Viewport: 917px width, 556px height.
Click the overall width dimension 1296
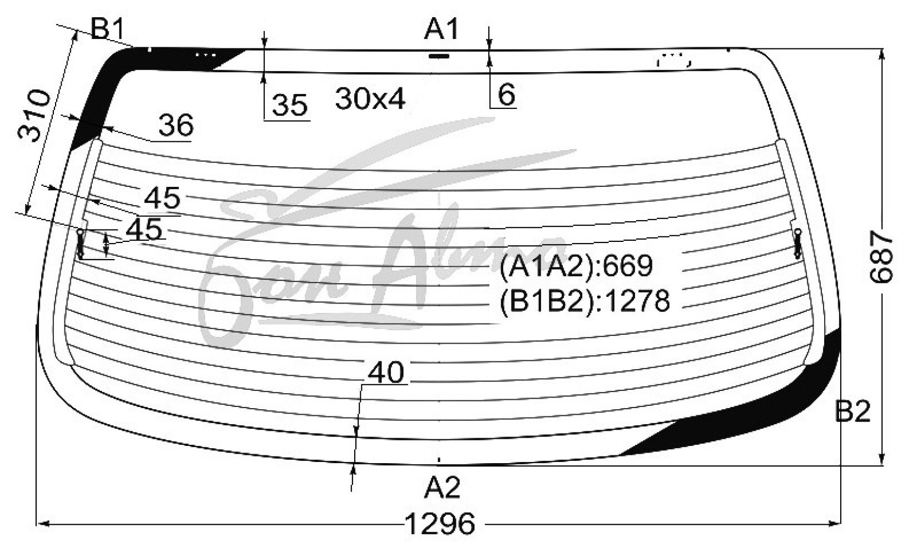[x=440, y=524]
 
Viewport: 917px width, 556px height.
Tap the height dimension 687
[x=881, y=257]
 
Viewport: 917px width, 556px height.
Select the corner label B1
[x=107, y=29]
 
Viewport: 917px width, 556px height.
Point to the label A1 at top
[x=442, y=29]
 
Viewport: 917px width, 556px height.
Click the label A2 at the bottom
[x=442, y=487]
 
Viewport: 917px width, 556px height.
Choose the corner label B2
[x=852, y=411]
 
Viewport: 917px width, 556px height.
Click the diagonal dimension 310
[x=34, y=116]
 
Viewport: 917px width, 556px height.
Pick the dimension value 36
[x=176, y=125]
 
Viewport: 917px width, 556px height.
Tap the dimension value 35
[x=289, y=105]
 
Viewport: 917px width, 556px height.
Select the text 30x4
[x=370, y=98]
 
